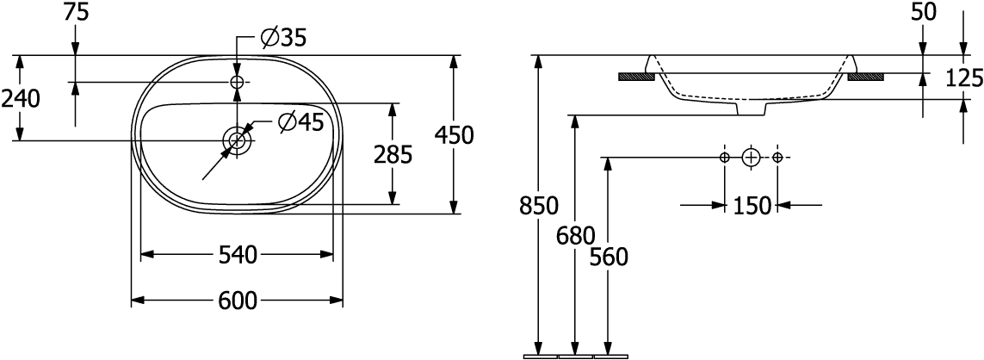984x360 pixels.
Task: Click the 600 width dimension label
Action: pyautogui.click(x=238, y=301)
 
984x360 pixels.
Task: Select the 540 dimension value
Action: pyautogui.click(x=238, y=255)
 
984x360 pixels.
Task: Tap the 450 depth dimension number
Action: pyautogui.click(x=453, y=135)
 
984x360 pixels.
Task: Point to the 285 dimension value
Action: pyautogui.click(x=393, y=154)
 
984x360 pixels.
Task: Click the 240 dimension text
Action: pyautogui.click(x=21, y=98)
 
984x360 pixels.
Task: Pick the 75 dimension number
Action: pyautogui.click(x=75, y=14)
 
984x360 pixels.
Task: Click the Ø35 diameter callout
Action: pyautogui.click(x=283, y=38)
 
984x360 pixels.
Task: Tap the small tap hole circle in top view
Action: pyautogui.click(x=238, y=82)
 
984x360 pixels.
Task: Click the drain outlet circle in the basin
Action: pyautogui.click(x=238, y=140)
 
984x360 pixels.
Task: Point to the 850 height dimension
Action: pyautogui.click(x=538, y=206)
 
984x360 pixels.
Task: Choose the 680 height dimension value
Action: pyautogui.click(x=575, y=236)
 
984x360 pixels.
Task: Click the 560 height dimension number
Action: pyautogui.click(x=609, y=257)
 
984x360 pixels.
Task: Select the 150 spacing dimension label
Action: pyautogui.click(x=752, y=206)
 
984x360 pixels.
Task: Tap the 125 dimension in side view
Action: pyautogui.click(x=964, y=78)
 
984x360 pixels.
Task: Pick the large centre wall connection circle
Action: pyautogui.click(x=752, y=157)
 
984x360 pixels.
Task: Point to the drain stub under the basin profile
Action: pyautogui.click(x=752, y=108)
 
